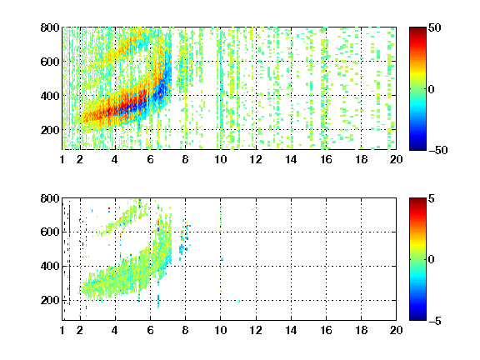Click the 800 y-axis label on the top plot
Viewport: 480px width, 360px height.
click(x=50, y=27)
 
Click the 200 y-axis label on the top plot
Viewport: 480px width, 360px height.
click(x=50, y=130)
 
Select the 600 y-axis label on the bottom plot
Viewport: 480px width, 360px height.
click(x=50, y=232)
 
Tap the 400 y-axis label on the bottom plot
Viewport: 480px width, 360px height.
click(x=50, y=266)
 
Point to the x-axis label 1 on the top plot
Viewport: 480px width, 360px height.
click(x=62, y=159)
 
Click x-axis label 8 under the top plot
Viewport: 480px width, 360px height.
click(x=185, y=159)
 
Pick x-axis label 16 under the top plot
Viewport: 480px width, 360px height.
click(x=327, y=159)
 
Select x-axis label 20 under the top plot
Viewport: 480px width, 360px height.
click(x=396, y=159)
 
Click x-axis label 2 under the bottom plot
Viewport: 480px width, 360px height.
click(x=80, y=330)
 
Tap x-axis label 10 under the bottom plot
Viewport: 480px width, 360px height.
click(x=220, y=330)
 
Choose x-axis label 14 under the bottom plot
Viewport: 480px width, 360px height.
click(x=291, y=330)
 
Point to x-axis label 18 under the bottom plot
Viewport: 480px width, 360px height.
click(x=361, y=330)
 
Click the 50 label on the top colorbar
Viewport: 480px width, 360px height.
click(x=434, y=28)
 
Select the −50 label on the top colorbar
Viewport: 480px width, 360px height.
click(x=438, y=150)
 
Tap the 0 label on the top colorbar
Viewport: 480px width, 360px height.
click(x=431, y=89)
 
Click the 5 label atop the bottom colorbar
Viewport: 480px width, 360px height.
click(x=431, y=198)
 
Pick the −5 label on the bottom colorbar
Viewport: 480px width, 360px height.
click(x=435, y=321)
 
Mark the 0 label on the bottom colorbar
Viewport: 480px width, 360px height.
click(x=431, y=260)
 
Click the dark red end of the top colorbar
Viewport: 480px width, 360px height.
click(x=417, y=30)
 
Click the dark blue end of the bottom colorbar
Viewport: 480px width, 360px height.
click(x=417, y=317)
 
